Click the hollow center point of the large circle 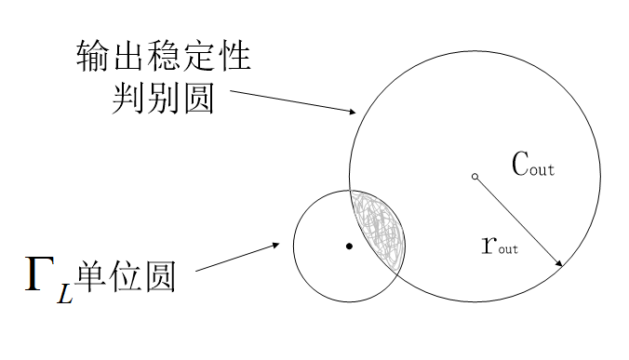(475, 177)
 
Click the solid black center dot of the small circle (349, 247)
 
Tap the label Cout (533, 164)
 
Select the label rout (500, 245)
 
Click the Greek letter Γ (40, 273)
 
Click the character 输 (93, 55)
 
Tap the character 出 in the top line (128, 55)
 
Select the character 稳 (163, 55)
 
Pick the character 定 (198, 55)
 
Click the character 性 (234, 55)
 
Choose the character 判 (128, 98)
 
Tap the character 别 (163, 98)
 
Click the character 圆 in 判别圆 (199, 98)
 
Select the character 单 (90, 276)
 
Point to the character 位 (126, 276)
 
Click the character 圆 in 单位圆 (161, 276)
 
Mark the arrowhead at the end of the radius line (559, 262)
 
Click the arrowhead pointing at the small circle (275, 245)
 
